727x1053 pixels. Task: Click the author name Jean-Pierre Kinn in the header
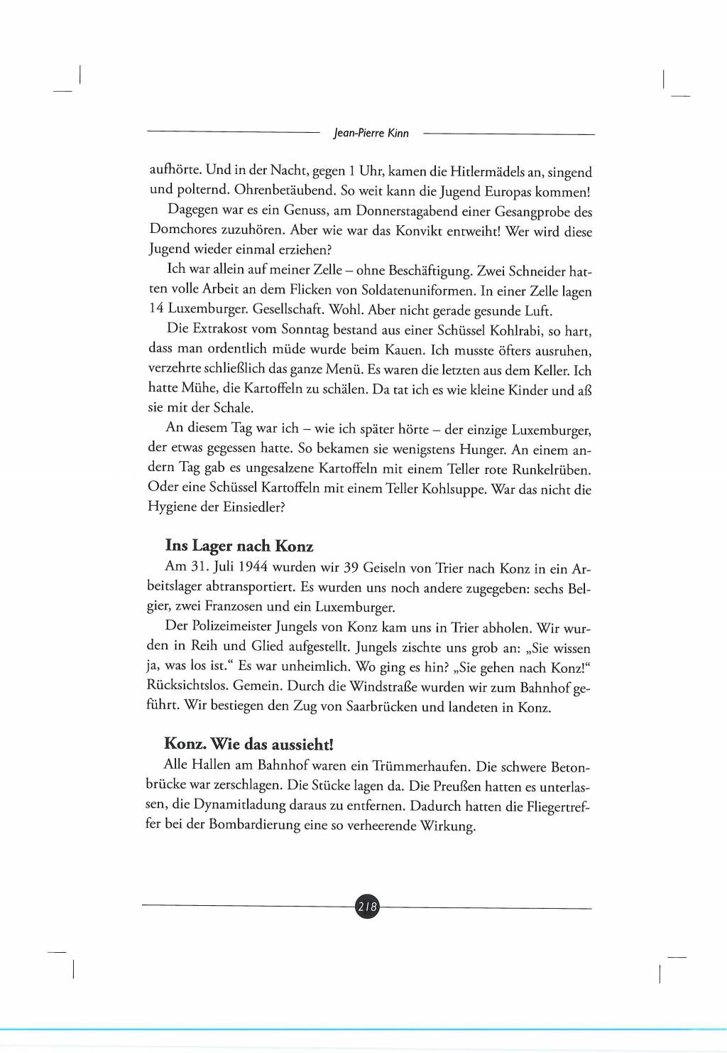(371, 133)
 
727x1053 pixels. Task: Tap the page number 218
(367, 907)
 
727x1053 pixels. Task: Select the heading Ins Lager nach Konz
(239, 546)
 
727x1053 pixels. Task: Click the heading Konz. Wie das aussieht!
(248, 744)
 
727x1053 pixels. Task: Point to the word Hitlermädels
(487, 172)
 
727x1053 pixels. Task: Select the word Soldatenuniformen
(417, 290)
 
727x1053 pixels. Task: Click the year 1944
(253, 567)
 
